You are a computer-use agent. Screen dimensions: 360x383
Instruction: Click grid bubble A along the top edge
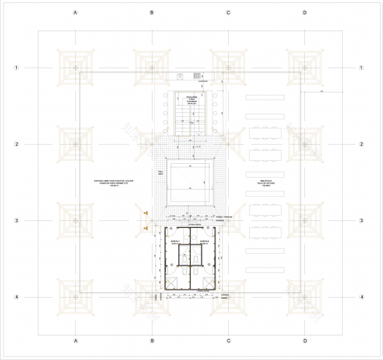point(75,13)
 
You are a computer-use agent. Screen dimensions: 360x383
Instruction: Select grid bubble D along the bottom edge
point(305,341)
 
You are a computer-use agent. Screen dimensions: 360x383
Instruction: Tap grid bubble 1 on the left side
point(17,68)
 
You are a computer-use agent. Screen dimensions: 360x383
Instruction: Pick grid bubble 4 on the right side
point(362,297)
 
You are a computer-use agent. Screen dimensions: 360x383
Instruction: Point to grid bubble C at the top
point(229,13)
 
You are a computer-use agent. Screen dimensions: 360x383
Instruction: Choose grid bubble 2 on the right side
point(362,145)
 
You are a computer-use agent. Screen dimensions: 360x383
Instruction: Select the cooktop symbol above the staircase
point(196,76)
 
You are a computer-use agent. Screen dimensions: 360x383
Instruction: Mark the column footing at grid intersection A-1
point(75,68)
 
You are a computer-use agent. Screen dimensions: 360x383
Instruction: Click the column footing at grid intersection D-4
point(305,297)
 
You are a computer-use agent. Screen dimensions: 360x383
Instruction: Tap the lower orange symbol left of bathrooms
point(146,228)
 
